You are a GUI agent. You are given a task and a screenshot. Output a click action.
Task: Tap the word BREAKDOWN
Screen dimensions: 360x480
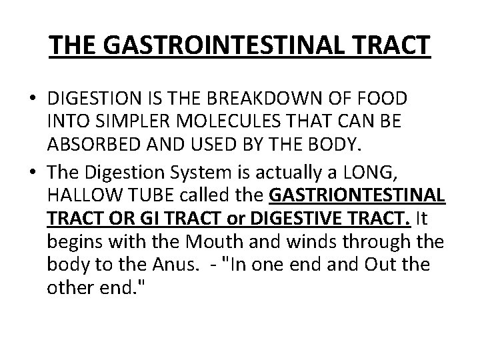pyautogui.click(x=298, y=99)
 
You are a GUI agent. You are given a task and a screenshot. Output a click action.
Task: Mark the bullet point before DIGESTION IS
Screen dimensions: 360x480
pyautogui.click(x=33, y=99)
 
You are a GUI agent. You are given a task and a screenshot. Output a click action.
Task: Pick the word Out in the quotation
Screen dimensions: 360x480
pyautogui.click(x=381, y=265)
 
